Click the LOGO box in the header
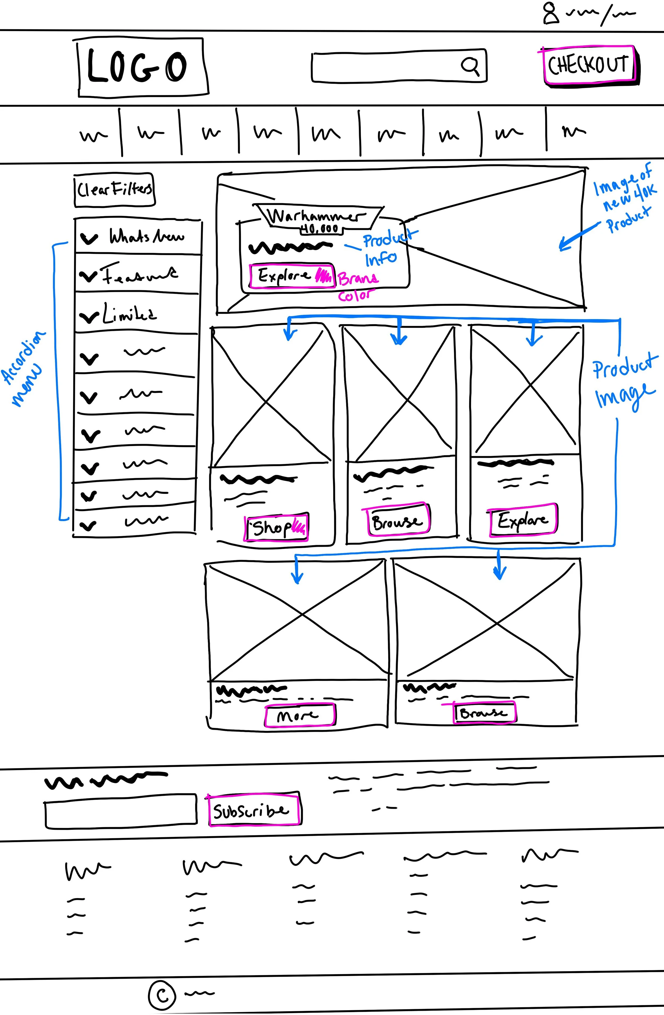(x=143, y=67)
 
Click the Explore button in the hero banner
(x=292, y=276)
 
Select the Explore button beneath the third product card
(x=522, y=520)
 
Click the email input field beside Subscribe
(x=121, y=811)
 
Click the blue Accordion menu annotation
(x=23, y=369)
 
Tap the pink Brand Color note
(x=357, y=286)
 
